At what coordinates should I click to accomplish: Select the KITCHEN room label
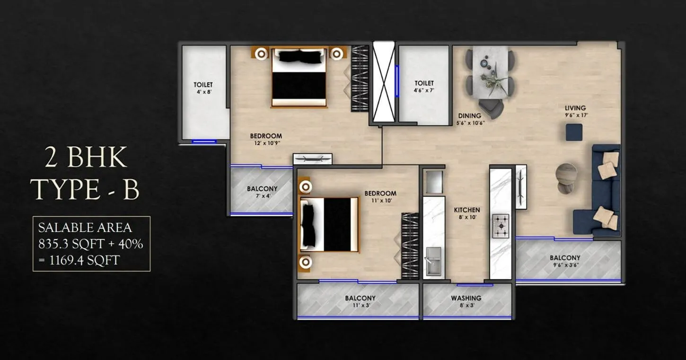467,210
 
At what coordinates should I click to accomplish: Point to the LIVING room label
575,108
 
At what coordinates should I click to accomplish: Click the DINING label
469,116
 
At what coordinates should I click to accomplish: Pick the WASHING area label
466,298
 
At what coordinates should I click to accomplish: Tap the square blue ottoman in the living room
574,132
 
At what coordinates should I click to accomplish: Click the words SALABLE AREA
85,228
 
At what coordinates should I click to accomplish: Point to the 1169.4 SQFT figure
84,260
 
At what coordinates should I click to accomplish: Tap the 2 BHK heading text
86,158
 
